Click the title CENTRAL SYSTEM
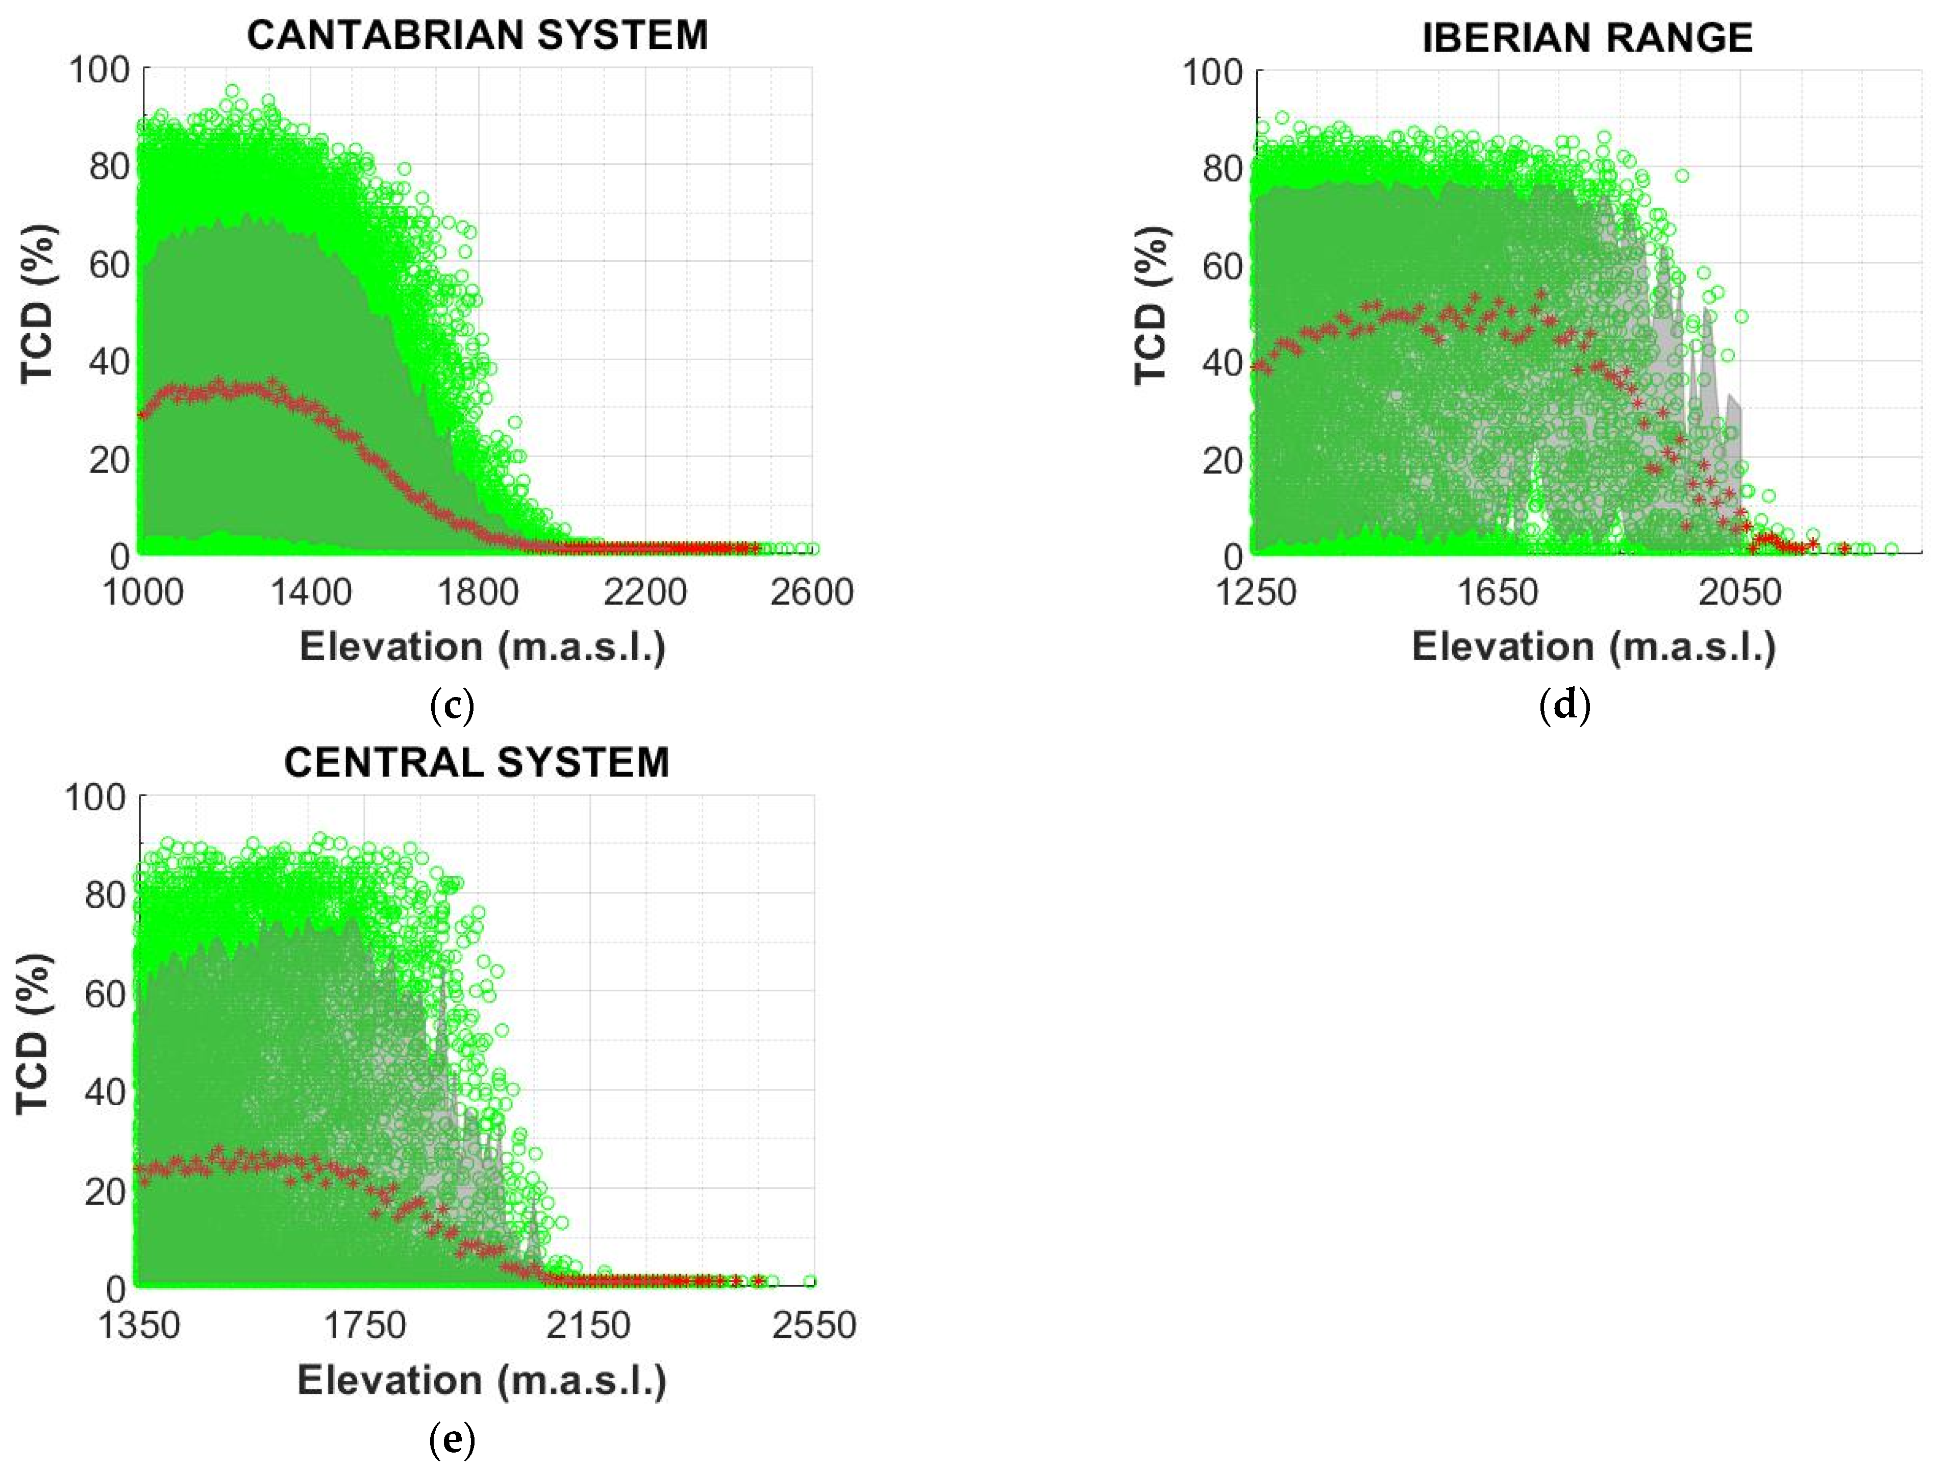click(477, 762)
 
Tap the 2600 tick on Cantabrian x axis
click(811, 592)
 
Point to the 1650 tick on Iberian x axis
click(1497, 592)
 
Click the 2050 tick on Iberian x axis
click(1739, 592)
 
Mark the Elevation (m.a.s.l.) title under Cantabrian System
click(482, 647)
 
